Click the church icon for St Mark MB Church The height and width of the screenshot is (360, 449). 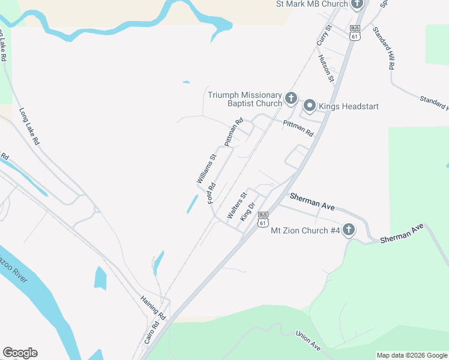(357, 5)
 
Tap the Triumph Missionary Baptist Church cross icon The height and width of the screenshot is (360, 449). (291, 98)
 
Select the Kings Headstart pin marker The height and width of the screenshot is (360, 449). (310, 106)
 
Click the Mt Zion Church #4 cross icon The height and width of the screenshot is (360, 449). (349, 230)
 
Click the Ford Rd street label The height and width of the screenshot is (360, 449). (211, 193)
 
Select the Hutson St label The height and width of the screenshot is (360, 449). (326, 68)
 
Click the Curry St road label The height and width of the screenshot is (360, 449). (324, 37)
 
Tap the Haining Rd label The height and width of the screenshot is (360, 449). (152, 306)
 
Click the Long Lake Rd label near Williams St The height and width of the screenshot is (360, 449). (28, 127)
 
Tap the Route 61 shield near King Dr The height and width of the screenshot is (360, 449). (262, 220)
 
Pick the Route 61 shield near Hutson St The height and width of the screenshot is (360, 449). (355, 33)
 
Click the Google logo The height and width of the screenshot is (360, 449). (20, 353)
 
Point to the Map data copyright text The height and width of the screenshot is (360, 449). (411, 355)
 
